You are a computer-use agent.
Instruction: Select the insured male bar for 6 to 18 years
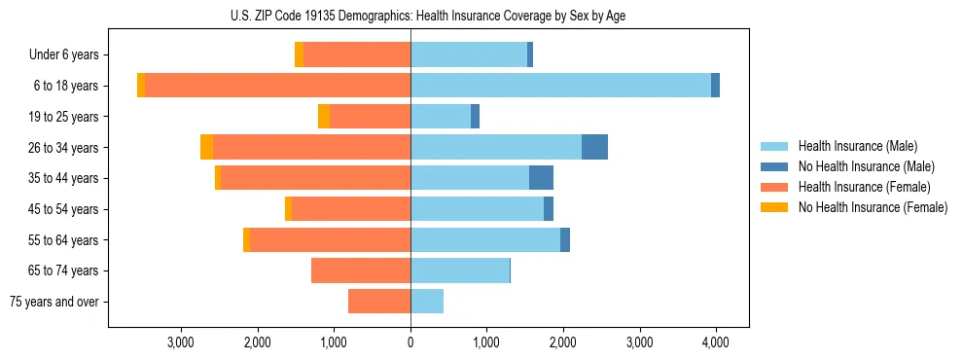[560, 86]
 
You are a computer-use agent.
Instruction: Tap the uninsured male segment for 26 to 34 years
[594, 147]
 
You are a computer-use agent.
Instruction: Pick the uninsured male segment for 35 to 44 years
[541, 178]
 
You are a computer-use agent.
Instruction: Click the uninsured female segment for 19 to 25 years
[324, 117]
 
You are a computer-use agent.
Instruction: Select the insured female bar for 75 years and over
[379, 302]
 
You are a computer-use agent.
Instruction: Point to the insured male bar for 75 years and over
[427, 302]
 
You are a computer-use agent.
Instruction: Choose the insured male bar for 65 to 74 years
[460, 270]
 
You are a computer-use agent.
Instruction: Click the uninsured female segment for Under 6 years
[299, 54]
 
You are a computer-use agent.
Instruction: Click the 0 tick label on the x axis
[410, 342]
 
